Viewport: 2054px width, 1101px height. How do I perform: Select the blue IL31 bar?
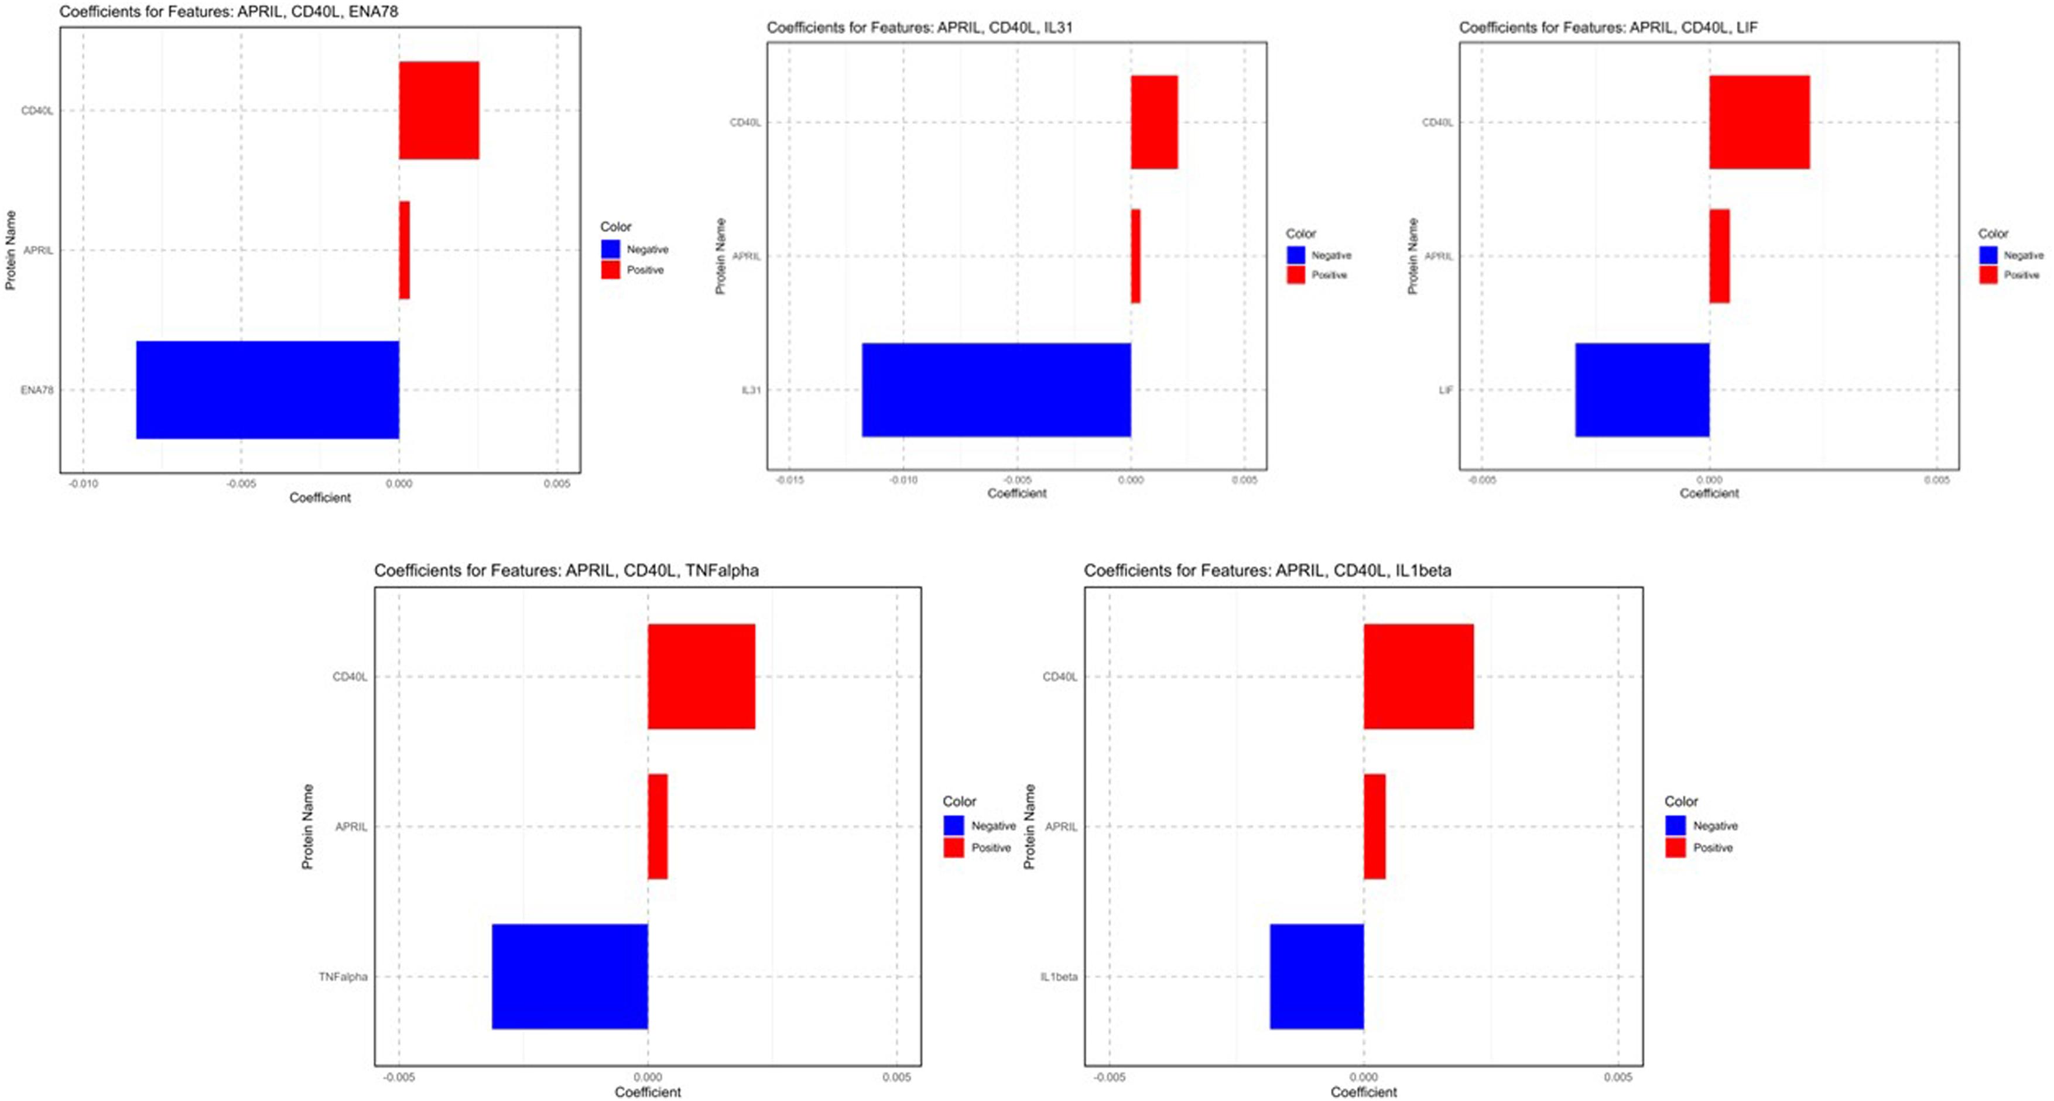(x=996, y=390)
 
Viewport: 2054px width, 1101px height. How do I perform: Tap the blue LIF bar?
(x=1642, y=390)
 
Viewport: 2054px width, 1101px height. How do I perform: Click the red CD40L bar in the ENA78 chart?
(x=439, y=110)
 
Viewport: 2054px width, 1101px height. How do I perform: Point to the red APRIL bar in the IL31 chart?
(x=1135, y=256)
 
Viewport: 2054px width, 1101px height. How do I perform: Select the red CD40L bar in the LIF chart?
(x=1759, y=122)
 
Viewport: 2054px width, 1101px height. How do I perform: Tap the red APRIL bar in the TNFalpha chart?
(x=657, y=826)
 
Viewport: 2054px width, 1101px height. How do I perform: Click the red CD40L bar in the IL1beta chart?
(x=1419, y=676)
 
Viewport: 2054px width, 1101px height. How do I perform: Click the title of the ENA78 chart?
(x=229, y=11)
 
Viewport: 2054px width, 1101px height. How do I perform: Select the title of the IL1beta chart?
(x=1267, y=570)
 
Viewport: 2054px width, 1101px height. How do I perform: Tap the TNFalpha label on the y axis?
(x=343, y=977)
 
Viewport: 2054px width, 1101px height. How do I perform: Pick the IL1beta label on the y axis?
(x=1058, y=977)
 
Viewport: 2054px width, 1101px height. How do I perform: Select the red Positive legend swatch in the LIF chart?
(x=1988, y=275)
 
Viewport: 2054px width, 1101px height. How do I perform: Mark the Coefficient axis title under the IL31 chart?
(x=1016, y=493)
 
